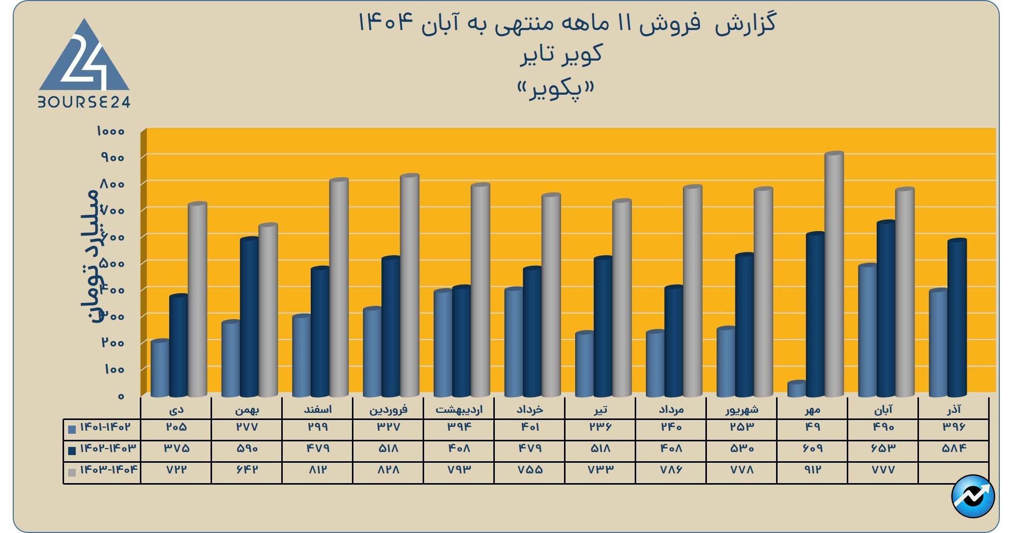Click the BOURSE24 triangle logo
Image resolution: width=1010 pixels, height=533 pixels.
point(84,64)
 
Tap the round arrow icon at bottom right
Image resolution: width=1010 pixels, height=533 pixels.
point(973,496)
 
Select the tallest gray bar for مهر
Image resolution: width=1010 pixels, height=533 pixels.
point(834,275)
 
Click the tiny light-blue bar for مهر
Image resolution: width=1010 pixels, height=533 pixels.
point(797,389)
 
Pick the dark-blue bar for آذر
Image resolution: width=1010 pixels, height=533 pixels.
point(957,318)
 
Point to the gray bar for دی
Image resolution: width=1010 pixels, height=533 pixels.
point(197,300)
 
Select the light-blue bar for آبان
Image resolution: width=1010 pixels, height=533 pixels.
point(868,331)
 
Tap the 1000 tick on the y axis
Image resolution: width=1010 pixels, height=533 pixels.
point(110,131)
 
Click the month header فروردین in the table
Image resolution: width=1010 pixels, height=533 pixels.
point(389,409)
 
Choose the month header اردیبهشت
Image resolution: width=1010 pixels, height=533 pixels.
point(459,409)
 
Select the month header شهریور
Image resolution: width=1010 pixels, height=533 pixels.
point(742,409)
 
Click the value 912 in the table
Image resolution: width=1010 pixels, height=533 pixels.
point(813,469)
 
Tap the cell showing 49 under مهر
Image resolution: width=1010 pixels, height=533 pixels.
point(813,427)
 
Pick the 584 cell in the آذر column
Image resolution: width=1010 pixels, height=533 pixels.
point(954,448)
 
